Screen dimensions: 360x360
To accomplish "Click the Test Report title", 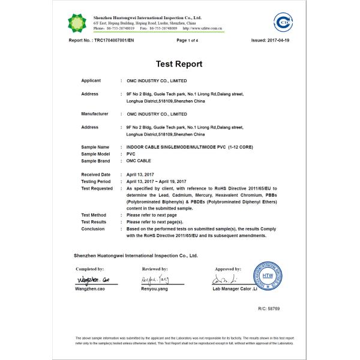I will click(x=179, y=64).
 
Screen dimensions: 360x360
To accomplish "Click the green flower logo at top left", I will click(x=77, y=22).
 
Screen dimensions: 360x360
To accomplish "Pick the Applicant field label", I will click(x=91, y=80).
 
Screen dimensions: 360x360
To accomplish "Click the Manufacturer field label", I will click(x=95, y=113).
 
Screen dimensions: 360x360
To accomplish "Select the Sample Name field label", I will click(x=95, y=147).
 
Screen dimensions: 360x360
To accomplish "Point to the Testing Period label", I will click(x=96, y=181).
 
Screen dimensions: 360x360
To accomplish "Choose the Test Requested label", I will click(x=97, y=188).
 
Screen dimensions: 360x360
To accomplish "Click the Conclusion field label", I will click(x=93, y=229).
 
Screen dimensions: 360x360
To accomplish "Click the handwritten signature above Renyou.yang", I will click(x=156, y=280).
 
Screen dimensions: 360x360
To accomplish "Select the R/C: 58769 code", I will click(x=269, y=308).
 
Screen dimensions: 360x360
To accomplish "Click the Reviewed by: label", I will click(x=156, y=269).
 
